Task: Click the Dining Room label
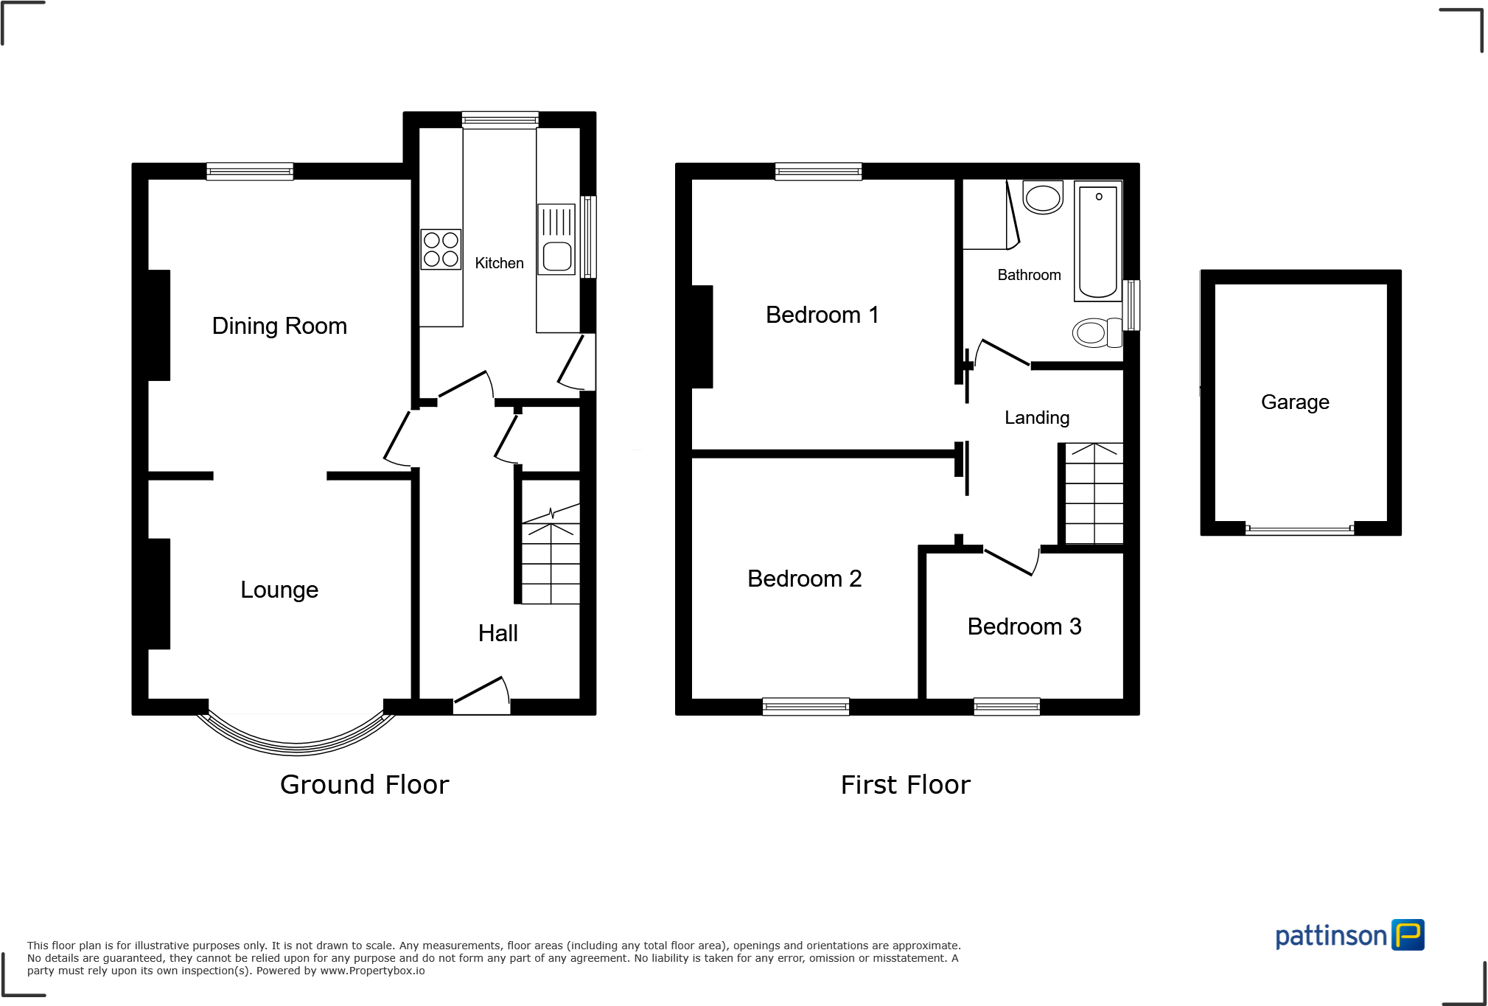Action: (x=279, y=326)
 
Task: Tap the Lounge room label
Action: (x=279, y=590)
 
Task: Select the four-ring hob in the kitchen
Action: (x=441, y=249)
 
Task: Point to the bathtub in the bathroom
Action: (x=1097, y=242)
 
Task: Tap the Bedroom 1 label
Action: (x=822, y=315)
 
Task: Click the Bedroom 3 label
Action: (x=1024, y=626)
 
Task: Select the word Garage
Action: (x=1295, y=402)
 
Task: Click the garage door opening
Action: (x=1299, y=528)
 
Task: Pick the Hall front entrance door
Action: (x=481, y=695)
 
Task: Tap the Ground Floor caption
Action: (x=364, y=785)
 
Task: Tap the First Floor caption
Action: (x=905, y=785)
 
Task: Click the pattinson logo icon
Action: (x=1408, y=935)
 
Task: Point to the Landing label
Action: (x=1036, y=418)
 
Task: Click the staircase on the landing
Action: (x=1094, y=493)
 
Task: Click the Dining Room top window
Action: (x=250, y=172)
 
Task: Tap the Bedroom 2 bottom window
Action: (x=806, y=707)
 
